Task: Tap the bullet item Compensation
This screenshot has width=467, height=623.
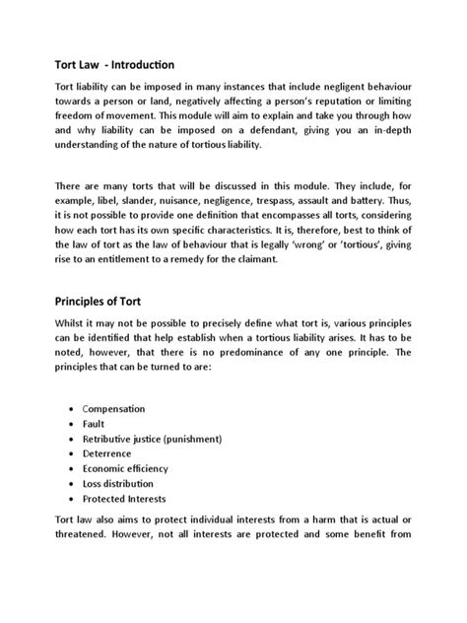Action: pos(113,407)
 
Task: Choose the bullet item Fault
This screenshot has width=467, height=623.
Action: pos(95,423)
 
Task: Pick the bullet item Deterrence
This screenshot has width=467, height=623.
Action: pos(109,453)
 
